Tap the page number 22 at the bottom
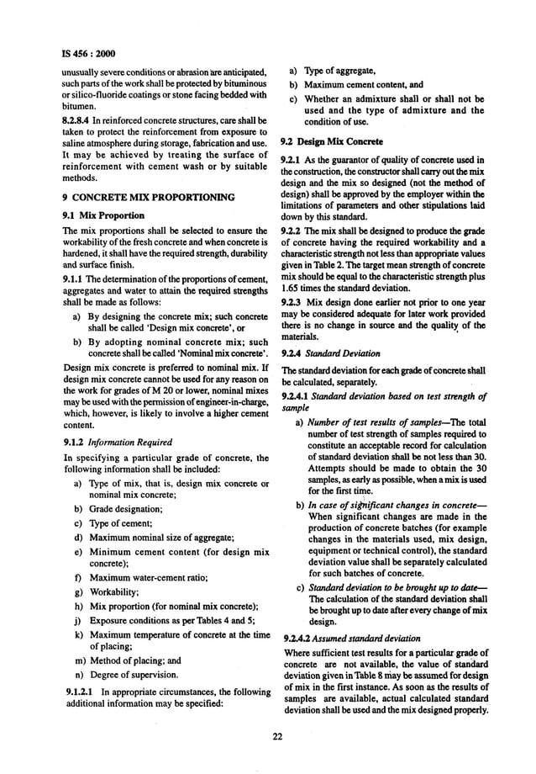(x=275, y=737)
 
